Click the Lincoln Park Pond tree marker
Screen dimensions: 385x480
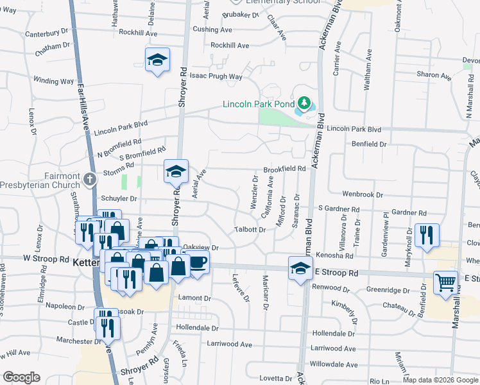click(304, 103)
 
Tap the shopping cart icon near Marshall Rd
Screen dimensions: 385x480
click(445, 281)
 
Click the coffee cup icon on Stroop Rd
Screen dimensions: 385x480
click(198, 261)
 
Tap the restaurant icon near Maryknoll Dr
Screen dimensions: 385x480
click(427, 234)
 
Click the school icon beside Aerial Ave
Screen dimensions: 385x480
click(176, 171)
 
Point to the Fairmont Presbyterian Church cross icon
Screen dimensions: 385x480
click(90, 177)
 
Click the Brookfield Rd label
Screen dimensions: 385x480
click(284, 168)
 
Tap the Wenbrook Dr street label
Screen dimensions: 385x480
click(362, 194)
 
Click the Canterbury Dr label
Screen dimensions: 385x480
click(46, 31)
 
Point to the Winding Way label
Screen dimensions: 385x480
click(54, 81)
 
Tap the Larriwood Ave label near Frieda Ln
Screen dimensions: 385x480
click(229, 344)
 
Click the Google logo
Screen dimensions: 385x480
click(21, 377)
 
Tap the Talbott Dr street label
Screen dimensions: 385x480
click(250, 229)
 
